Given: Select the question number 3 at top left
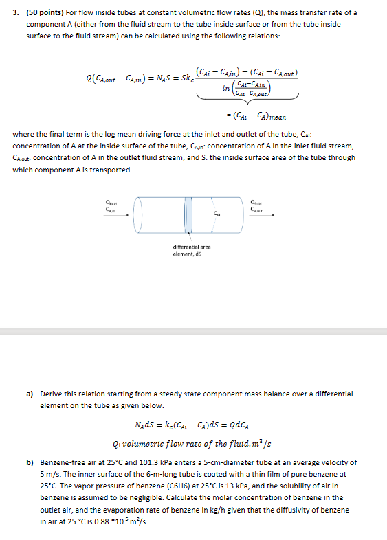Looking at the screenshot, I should point(16,13).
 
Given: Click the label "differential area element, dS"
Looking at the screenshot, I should point(192,249).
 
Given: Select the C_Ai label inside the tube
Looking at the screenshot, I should point(217,214).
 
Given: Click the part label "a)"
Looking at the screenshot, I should point(30,394).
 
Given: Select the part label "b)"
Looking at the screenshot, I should point(30,464).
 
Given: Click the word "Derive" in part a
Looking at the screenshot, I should point(52,394).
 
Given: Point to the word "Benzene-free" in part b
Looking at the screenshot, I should point(63,464).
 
